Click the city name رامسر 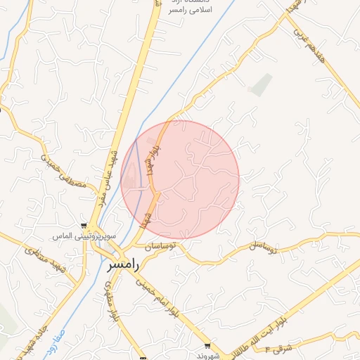(x=124, y=266)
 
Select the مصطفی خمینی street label (x=64, y=173)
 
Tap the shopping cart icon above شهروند (x=207, y=345)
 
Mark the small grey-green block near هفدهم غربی (x=260, y=84)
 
